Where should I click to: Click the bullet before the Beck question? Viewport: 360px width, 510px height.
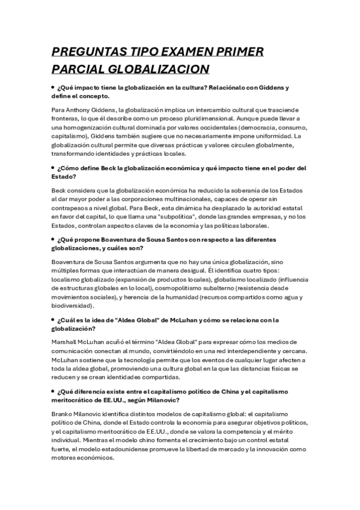coord(53,168)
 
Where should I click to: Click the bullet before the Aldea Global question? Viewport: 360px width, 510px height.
coord(53,319)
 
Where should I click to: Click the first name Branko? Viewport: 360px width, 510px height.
coord(63,414)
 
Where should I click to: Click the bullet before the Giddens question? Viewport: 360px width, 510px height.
coord(53,87)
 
